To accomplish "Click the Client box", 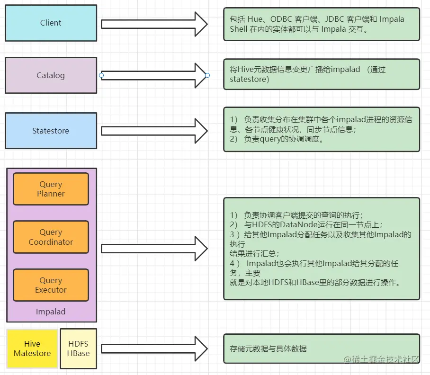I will [x=51, y=23].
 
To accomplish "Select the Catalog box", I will [x=51, y=75].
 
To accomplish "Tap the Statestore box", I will [x=51, y=131].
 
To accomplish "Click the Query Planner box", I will [x=51, y=189].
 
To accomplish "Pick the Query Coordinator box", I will [x=51, y=237].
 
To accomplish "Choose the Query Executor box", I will [x=51, y=285].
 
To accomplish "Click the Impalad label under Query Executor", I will [x=51, y=312].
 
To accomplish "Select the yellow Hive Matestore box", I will [x=32, y=348].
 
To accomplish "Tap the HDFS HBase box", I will [x=78, y=348].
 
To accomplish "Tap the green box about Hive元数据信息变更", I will [x=321, y=74].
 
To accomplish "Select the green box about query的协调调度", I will [x=321, y=129].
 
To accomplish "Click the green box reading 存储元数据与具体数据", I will [x=321, y=348].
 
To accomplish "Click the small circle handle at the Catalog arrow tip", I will [x=207, y=75].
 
